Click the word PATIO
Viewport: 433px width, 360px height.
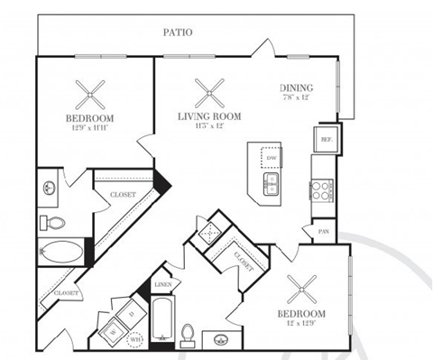click(x=177, y=32)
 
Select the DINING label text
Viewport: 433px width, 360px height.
click(x=296, y=88)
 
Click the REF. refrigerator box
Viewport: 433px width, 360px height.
click(x=324, y=140)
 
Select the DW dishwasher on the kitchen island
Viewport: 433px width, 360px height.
click(x=271, y=158)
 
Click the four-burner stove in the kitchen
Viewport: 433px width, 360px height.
click(x=322, y=189)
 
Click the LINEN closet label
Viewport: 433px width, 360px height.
click(x=163, y=285)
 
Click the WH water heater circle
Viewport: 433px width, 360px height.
click(x=136, y=339)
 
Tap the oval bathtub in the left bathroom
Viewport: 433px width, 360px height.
click(x=60, y=252)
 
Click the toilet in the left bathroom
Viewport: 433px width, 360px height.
click(x=51, y=221)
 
